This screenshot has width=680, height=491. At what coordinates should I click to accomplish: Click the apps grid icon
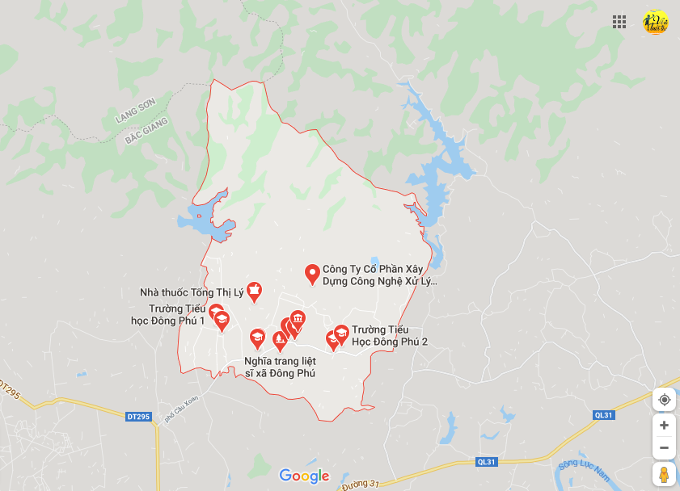pos(619,22)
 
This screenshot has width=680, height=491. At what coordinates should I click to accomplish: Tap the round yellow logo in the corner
pos(655,22)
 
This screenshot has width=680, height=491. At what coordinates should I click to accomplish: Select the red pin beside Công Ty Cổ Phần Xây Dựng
pos(311,274)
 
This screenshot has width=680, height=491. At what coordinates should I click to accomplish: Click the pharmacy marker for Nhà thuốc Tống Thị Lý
pos(254,292)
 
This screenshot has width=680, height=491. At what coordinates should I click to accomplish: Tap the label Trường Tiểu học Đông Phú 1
pos(171,315)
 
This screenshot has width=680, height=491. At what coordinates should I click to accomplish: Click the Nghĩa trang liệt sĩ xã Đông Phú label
pos(280,367)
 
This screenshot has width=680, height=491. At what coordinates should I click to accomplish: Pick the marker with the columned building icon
pos(298,319)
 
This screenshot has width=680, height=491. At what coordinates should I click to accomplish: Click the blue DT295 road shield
pos(138,417)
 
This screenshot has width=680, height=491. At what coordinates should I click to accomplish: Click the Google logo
pos(304,476)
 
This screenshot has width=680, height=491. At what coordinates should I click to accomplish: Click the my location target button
pos(664,399)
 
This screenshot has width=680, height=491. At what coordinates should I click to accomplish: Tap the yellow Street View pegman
pos(664,475)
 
